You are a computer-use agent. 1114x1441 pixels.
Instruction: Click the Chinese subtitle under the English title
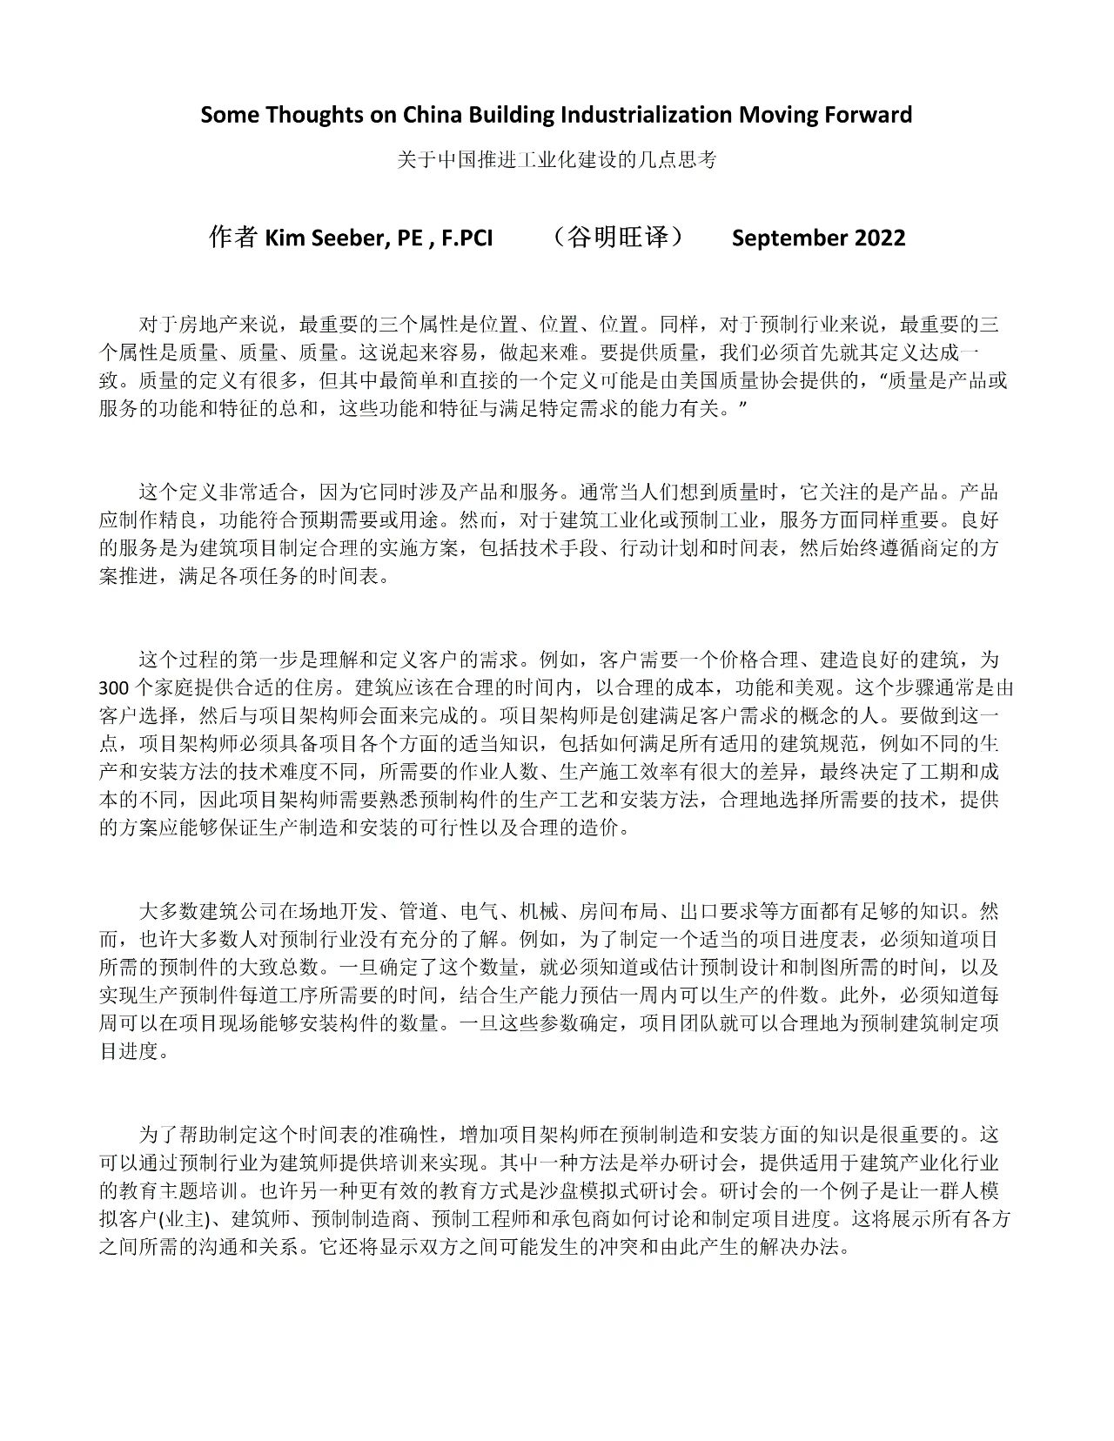[556, 161]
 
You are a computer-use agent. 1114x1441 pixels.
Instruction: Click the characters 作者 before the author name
[232, 238]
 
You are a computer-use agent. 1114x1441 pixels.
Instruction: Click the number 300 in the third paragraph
[113, 687]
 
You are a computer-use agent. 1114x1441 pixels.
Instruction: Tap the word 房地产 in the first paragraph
[209, 326]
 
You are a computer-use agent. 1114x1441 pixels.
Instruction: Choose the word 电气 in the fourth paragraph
[479, 911]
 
